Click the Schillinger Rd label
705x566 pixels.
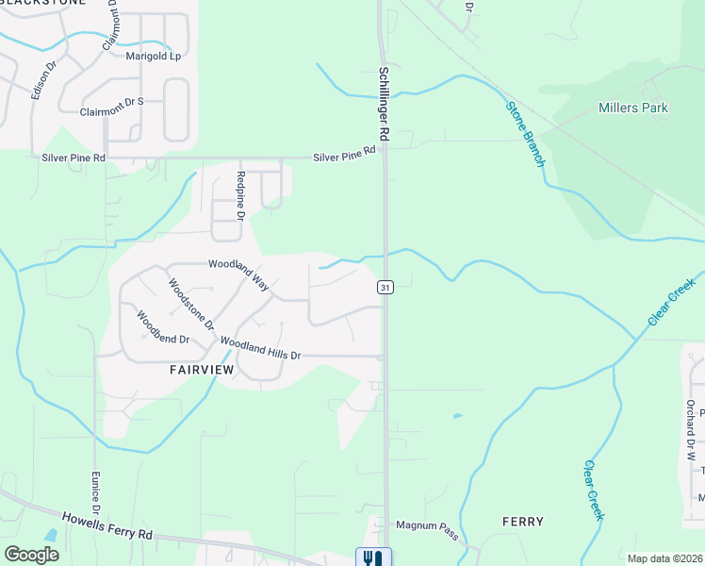coord(387,106)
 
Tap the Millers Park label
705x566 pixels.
coord(633,108)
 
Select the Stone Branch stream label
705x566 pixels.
coord(526,134)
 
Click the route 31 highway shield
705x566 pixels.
coord(385,286)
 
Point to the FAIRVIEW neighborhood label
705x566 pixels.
coord(202,370)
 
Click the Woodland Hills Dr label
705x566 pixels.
coord(260,348)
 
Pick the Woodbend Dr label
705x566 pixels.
coord(163,326)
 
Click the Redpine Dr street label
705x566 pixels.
coord(241,196)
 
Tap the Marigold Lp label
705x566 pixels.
coord(153,56)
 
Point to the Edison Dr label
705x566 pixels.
coord(44,80)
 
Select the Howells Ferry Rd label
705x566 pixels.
coord(107,525)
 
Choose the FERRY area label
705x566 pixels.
coord(523,522)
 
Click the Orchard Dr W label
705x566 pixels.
coord(691,430)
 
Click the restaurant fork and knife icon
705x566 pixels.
coord(370,558)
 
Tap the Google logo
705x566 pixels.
coord(31,554)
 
